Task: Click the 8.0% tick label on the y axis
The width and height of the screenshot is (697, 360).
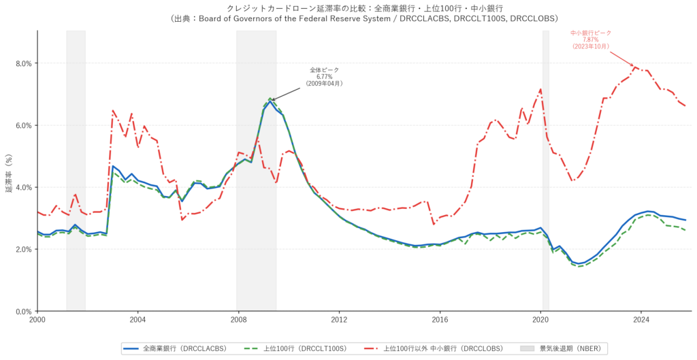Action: pos(23,63)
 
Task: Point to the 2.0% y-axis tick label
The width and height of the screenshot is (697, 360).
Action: pos(23,249)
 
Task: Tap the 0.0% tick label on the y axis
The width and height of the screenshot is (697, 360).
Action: pos(23,311)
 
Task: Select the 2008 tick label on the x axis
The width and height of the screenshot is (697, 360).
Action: pos(238,319)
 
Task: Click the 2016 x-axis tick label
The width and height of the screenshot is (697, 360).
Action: pos(440,319)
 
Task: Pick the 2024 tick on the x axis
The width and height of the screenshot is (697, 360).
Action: pos(641,319)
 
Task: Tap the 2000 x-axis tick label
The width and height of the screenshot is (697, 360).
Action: pos(37,319)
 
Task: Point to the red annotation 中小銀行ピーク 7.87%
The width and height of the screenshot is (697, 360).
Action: pos(590,39)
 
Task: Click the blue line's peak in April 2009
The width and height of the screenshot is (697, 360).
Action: pos(270,101)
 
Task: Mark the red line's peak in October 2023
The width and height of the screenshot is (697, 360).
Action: pos(635,67)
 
